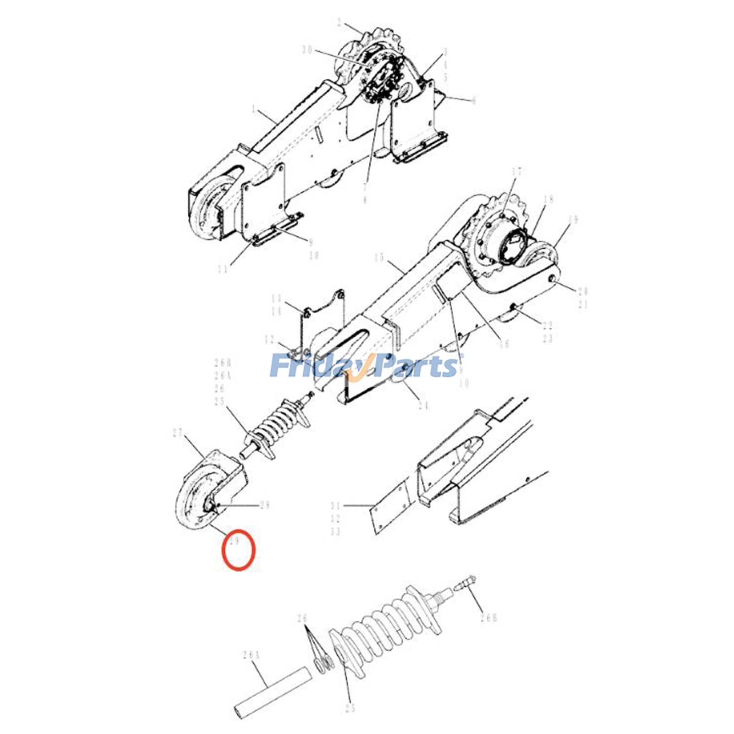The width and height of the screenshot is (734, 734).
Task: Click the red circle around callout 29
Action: tap(238, 550)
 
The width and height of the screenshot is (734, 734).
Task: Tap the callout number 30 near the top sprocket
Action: tap(307, 50)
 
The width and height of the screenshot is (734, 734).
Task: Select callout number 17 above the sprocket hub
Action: tap(517, 172)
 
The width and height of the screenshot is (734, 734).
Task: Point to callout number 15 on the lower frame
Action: tap(379, 257)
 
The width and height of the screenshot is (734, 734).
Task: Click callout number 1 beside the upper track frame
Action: tap(253, 109)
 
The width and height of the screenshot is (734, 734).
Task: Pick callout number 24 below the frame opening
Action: tap(423, 406)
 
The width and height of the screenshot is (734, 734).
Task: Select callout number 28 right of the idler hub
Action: tap(265, 506)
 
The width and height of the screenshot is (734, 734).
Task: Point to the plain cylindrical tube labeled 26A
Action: tap(273, 689)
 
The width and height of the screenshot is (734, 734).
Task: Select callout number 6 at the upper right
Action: tap(474, 100)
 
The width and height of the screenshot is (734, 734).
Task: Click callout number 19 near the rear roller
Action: tap(573, 220)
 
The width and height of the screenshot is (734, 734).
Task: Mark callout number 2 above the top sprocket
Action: tap(339, 23)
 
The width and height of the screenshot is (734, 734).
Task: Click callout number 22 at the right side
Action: tap(547, 326)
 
